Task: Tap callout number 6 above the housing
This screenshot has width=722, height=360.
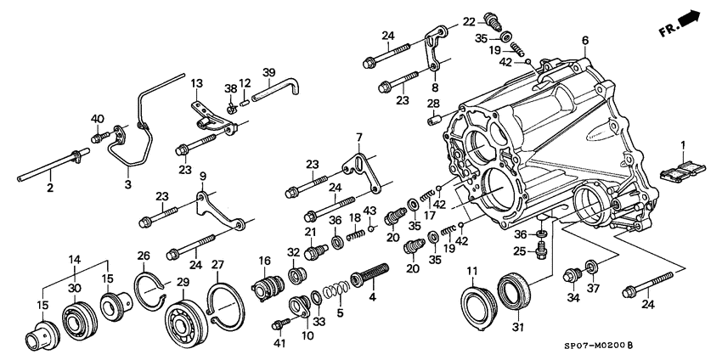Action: click(x=585, y=41)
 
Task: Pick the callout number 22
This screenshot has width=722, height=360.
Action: click(x=469, y=21)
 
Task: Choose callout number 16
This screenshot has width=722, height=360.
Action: click(x=264, y=261)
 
